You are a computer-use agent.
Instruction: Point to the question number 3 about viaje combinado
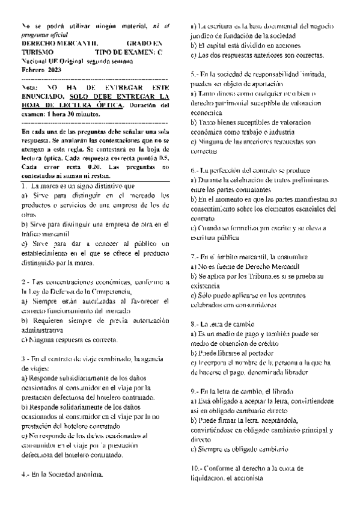(23, 358)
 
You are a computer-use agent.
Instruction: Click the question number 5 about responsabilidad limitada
(194, 74)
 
